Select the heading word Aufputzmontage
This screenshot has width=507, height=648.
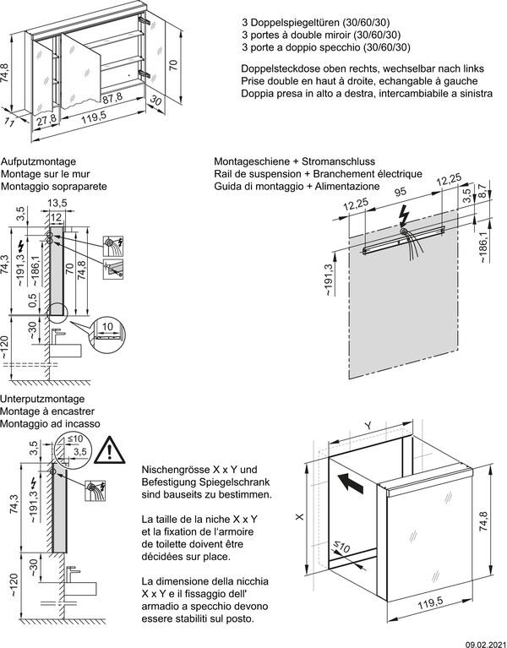(x=40, y=161)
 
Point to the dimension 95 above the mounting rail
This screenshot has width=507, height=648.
(x=402, y=192)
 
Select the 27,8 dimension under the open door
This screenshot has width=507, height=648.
(x=48, y=119)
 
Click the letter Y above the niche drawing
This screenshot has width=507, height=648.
(x=367, y=426)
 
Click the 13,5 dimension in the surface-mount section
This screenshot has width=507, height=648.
(x=57, y=203)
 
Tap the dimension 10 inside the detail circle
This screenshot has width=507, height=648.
(x=107, y=324)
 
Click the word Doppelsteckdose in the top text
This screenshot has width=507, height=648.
(x=271, y=68)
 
